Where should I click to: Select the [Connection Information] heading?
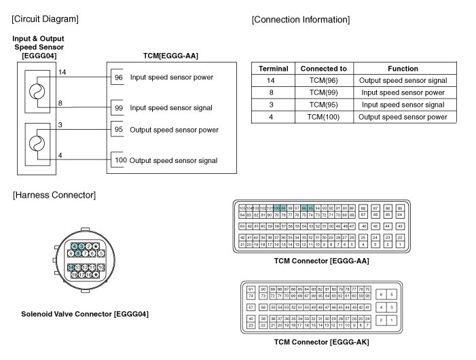[300, 19]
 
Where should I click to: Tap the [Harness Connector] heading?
[54, 195]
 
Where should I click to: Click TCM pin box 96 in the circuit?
[118, 77]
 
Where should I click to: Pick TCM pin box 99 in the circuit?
[118, 108]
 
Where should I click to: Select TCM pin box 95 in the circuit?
[118, 130]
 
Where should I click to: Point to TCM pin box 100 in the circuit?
[118, 160]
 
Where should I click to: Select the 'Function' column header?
[403, 69]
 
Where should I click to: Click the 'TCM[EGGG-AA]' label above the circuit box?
[170, 55]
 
